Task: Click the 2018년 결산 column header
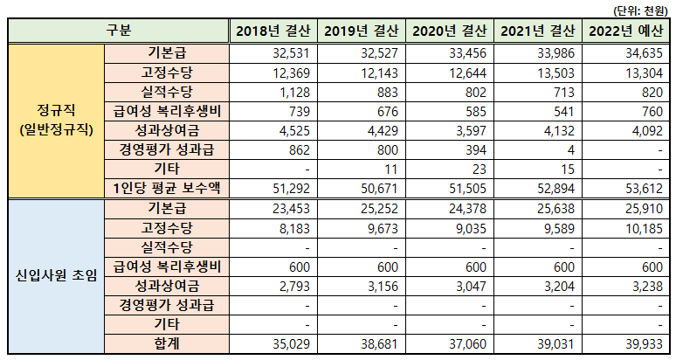click(x=272, y=31)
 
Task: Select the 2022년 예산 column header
click(x=625, y=31)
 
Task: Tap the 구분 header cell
click(x=119, y=31)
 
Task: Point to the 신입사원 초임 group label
click(x=54, y=277)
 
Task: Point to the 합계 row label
click(x=166, y=345)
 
